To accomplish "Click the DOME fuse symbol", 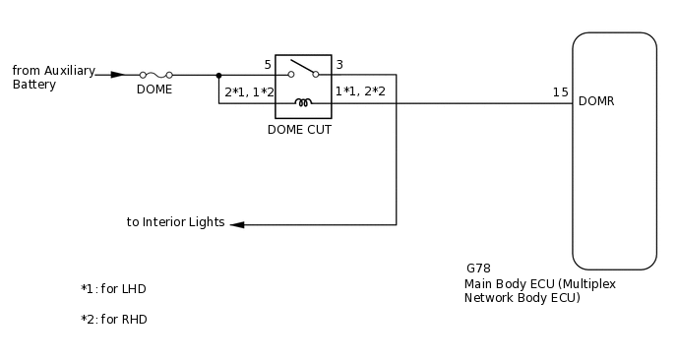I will click(156, 74).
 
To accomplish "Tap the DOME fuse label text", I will click(154, 90).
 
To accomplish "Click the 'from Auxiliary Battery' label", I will click(53, 78).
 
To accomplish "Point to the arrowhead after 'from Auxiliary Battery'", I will click(117, 74).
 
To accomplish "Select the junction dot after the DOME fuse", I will click(218, 74).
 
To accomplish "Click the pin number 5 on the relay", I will click(268, 65).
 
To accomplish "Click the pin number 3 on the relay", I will click(339, 65).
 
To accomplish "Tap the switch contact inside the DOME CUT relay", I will click(303, 70).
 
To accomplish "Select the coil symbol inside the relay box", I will click(303, 101).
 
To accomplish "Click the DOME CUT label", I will click(299, 129).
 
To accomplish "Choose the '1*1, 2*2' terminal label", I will click(360, 91).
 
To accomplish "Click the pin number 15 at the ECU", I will click(560, 92).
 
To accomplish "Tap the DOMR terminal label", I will click(597, 101).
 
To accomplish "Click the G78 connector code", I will click(478, 268).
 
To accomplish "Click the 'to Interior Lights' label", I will click(175, 222).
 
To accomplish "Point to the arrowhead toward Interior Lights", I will click(237, 224).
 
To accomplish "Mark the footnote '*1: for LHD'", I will click(113, 289).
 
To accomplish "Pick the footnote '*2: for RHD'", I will click(114, 320).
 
